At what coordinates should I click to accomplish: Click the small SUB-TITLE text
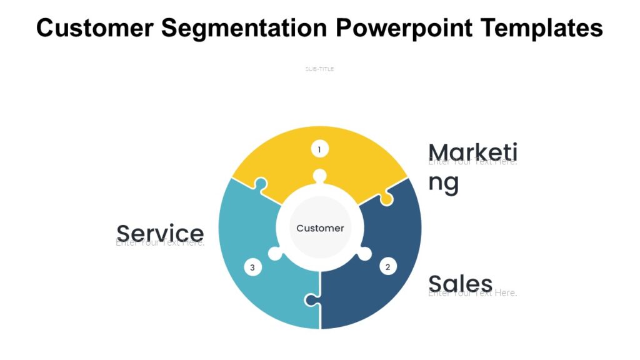coord(319,69)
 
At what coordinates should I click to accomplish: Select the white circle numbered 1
coord(319,149)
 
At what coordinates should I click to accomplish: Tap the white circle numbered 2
coord(387,267)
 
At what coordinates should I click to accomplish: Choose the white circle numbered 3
coord(252,267)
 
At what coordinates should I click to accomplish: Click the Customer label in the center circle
coord(320,228)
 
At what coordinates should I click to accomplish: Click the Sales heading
coord(461,283)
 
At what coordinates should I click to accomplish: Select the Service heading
coord(160,232)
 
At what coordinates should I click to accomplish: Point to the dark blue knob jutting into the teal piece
coord(311,300)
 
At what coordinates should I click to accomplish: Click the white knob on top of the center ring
coord(320,176)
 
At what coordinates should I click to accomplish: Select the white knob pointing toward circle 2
coord(365,253)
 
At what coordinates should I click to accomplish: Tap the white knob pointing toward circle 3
coord(274,254)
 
